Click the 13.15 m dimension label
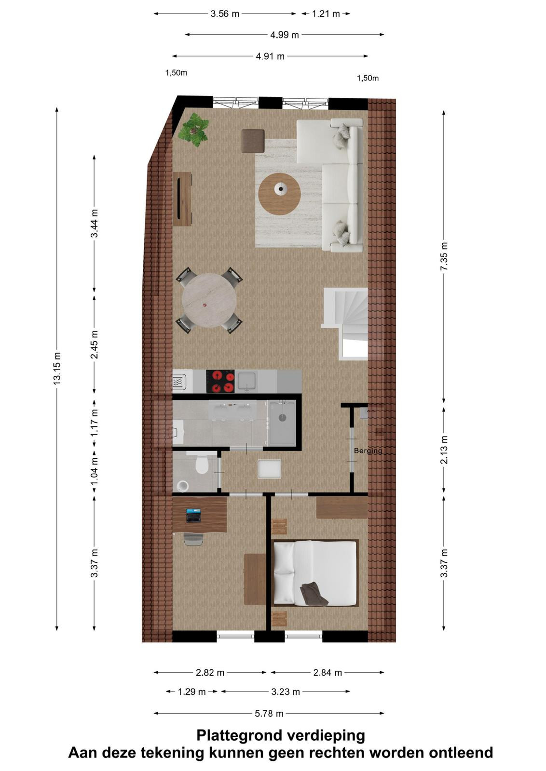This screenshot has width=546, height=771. click(x=57, y=368)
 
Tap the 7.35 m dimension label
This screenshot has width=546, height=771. click(x=444, y=256)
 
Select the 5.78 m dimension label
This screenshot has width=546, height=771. click(x=269, y=714)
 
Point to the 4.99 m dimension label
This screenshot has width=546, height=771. click(x=284, y=35)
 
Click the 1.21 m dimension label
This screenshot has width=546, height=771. click(x=326, y=14)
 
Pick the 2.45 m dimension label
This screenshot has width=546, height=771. click(x=95, y=345)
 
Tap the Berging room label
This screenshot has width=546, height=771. click(x=368, y=451)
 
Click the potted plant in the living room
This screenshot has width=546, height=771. click(x=193, y=129)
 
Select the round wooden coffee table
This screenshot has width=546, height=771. click(x=279, y=194)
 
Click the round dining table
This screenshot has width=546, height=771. click(x=209, y=300)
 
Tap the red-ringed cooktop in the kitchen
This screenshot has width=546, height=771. click(x=220, y=381)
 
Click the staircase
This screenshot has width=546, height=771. click(x=345, y=323)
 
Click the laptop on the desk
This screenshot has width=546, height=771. click(x=193, y=515)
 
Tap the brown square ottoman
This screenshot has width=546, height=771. click(x=253, y=141)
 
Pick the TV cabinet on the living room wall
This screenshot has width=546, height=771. click(x=182, y=199)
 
